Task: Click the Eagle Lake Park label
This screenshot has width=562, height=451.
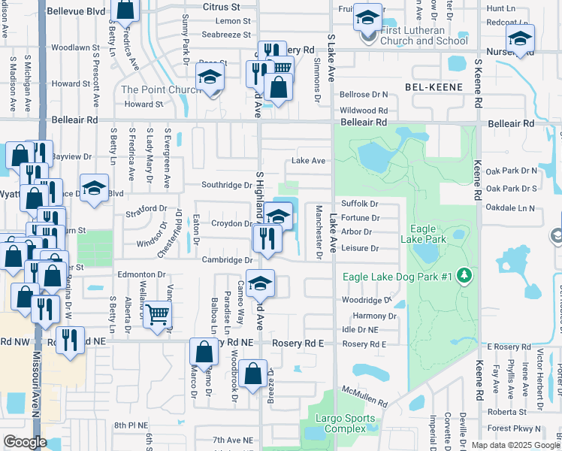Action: pyautogui.click(x=429, y=234)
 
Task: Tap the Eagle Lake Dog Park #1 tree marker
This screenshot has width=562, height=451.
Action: pyautogui.click(x=465, y=276)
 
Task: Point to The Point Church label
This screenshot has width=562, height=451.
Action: pyautogui.click(x=161, y=90)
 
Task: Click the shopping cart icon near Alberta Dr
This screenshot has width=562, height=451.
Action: pyautogui.click(x=158, y=314)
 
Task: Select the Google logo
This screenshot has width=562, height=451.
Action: pyautogui.click(x=25, y=441)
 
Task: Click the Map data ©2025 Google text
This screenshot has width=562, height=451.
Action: pyautogui.click(x=515, y=445)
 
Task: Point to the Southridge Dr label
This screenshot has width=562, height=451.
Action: pyautogui.click(x=226, y=185)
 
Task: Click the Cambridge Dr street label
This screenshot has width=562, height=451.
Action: pyautogui.click(x=227, y=260)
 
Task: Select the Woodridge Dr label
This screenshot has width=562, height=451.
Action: pyautogui.click(x=367, y=300)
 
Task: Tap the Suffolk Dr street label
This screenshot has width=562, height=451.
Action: pyautogui.click(x=359, y=204)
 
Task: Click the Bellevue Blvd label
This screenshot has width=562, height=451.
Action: pyautogui.click(x=77, y=12)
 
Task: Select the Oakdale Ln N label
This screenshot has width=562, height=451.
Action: pyautogui.click(x=510, y=207)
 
